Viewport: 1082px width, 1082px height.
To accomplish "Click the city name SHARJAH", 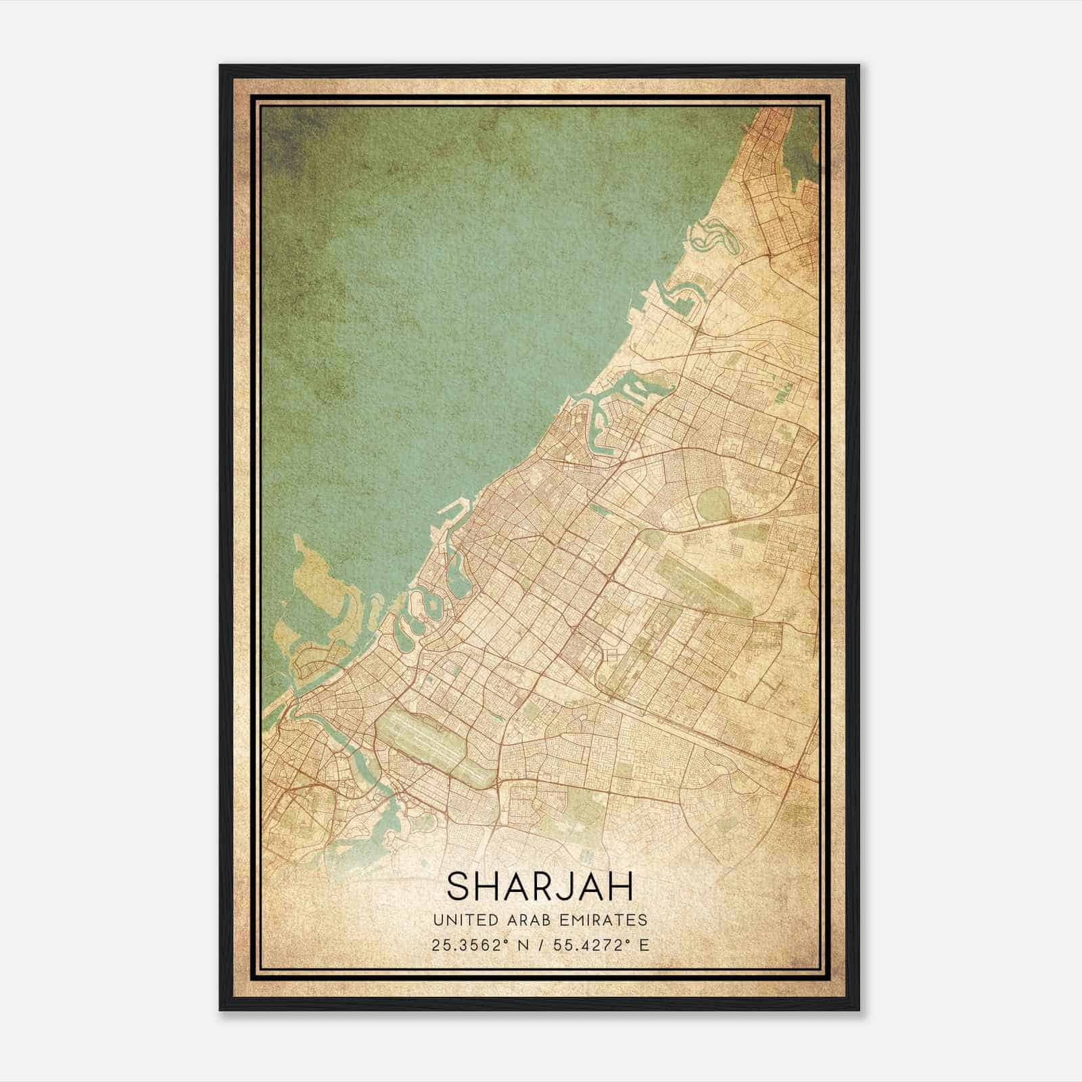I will [540, 887].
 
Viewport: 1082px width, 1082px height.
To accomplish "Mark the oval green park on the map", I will [711, 504].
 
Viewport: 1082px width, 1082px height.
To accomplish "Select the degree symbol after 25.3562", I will [504, 941].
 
